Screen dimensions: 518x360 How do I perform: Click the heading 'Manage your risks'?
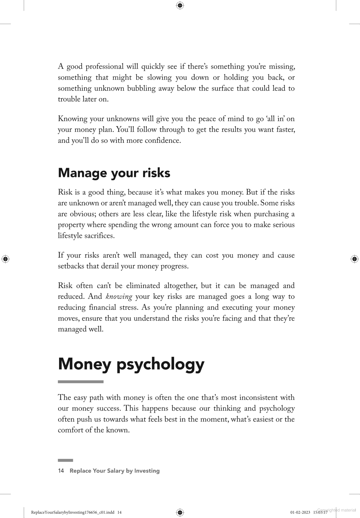pyautogui.click(x=114, y=173)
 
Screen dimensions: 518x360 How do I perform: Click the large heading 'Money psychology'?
pyautogui.click(x=131, y=364)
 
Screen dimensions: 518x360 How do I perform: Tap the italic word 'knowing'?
pyautogui.click(x=119, y=297)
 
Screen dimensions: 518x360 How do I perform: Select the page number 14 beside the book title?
pyautogui.click(x=61, y=471)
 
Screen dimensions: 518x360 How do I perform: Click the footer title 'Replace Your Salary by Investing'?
pyautogui.click(x=114, y=471)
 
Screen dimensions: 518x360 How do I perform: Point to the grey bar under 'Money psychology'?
pyautogui.click(x=81, y=382)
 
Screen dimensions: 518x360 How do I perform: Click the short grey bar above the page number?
pyautogui.click(x=65, y=460)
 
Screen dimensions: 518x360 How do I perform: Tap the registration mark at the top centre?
pyautogui.click(x=180, y=5)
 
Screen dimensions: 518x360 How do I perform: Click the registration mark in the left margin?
pyautogui.click(x=5, y=259)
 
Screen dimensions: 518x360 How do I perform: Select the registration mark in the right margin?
pyautogui.click(x=354, y=259)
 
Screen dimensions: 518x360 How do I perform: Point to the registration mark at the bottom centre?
pyautogui.click(x=180, y=512)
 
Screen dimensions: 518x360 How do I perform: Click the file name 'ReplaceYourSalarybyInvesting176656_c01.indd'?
pyautogui.click(x=73, y=512)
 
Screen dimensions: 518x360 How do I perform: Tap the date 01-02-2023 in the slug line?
pyautogui.click(x=300, y=512)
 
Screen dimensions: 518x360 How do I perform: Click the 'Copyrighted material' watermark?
pyautogui.click(x=336, y=510)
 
